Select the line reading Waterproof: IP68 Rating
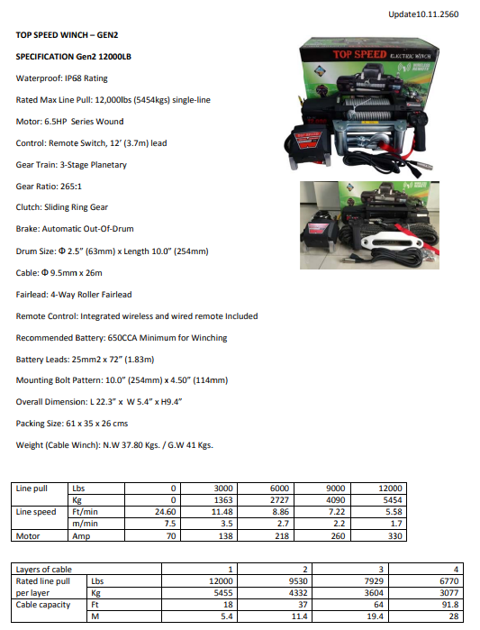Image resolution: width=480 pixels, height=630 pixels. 62,78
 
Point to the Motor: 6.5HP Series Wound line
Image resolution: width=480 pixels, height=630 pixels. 70,122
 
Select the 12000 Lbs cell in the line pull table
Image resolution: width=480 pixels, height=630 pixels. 394,488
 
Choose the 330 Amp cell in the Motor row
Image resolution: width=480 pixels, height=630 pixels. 395,535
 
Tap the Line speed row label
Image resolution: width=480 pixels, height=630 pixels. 37,512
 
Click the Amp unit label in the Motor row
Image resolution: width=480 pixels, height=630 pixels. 81,535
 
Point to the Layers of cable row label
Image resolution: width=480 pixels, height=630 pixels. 43,570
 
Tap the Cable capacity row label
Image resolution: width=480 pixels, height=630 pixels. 44,606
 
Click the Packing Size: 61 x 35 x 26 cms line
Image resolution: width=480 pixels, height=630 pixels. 71,424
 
